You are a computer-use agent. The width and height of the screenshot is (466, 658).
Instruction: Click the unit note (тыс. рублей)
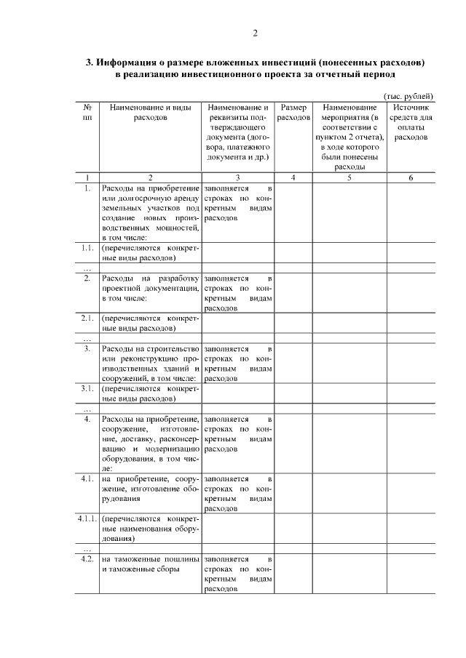(x=408, y=96)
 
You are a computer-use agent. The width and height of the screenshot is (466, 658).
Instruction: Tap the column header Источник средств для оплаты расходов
(x=411, y=121)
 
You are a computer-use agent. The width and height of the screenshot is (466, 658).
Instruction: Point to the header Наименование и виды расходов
(x=151, y=112)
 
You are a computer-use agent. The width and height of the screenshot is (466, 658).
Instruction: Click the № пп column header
(x=87, y=112)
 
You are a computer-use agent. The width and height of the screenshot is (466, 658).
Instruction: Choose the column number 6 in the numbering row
(x=411, y=177)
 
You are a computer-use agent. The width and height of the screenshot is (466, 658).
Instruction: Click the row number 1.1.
(x=87, y=248)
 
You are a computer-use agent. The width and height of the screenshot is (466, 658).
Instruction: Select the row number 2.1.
(x=87, y=318)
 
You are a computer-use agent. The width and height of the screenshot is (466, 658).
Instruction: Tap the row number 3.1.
(x=87, y=388)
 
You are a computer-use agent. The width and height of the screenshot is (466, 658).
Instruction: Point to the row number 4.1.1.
(x=87, y=520)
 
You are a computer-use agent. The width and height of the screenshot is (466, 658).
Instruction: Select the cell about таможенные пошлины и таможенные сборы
(x=151, y=564)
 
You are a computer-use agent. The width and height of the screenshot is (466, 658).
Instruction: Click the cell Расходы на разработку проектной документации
(x=151, y=288)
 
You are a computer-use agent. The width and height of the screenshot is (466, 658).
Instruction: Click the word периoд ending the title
(x=376, y=74)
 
